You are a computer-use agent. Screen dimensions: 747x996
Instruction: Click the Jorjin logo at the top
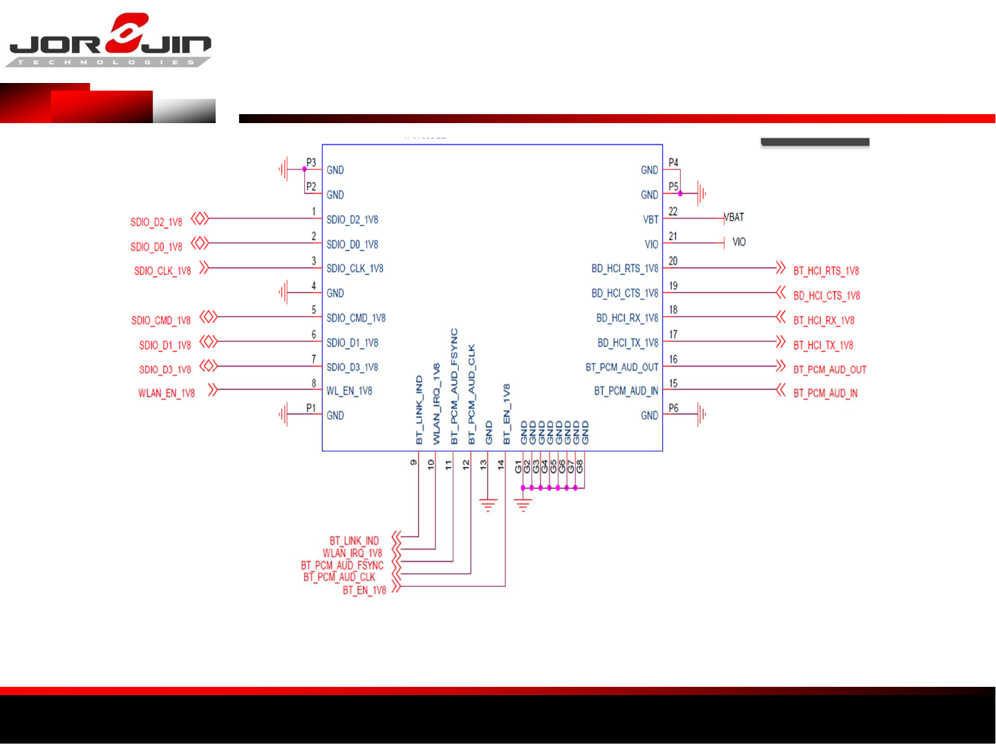[109, 40]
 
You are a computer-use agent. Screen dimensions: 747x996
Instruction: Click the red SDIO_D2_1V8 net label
[156, 222]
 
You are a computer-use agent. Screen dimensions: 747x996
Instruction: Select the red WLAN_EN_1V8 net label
[167, 393]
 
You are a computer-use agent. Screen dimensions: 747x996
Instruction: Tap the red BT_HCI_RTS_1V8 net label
[826, 270]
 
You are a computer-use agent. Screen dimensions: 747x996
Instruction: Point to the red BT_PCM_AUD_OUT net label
[829, 369]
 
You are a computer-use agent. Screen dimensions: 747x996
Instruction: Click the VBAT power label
[735, 217]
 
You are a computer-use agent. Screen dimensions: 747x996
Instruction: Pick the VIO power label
[739, 242]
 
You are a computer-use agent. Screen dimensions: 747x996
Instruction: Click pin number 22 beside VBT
[673, 212]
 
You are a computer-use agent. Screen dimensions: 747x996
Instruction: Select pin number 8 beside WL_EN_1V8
[314, 383]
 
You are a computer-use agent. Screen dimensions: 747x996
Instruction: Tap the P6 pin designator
[673, 408]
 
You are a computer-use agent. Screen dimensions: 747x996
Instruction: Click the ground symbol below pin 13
[488, 506]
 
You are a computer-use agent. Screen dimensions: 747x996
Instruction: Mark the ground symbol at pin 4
[283, 293]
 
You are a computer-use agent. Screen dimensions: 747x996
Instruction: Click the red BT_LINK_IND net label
[354, 540]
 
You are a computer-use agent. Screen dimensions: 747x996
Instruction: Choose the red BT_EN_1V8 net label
[364, 590]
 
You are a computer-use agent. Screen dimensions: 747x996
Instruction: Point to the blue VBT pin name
[650, 219]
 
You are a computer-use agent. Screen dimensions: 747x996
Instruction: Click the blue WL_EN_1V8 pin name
[349, 391]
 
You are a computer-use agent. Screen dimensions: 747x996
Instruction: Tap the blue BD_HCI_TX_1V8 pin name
[628, 342]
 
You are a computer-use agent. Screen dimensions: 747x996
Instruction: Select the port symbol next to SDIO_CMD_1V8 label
[209, 317]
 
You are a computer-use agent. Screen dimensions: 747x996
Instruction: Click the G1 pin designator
[518, 467]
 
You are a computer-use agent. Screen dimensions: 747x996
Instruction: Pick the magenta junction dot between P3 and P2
[304, 169]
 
